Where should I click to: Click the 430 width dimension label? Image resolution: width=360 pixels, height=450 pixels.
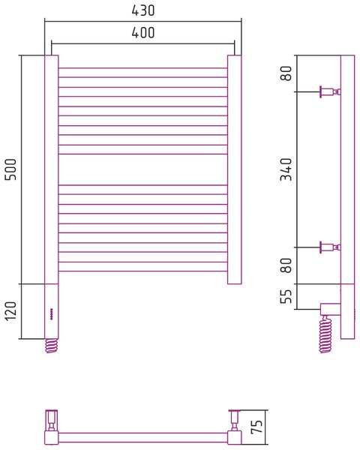tap(143, 10)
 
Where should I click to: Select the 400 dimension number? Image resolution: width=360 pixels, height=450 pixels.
tap(143, 32)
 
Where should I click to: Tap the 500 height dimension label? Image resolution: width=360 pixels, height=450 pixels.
tap(11, 169)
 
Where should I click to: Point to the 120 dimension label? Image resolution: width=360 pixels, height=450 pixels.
tap(11, 311)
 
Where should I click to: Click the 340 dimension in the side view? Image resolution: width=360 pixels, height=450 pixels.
tap(286, 169)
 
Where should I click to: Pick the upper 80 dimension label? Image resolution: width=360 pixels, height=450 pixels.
tap(286, 73)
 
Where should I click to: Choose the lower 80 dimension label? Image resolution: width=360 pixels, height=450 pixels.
tap(286, 265)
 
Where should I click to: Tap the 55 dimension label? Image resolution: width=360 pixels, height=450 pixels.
tap(286, 296)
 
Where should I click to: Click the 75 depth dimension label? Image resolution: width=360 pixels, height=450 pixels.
tap(256, 427)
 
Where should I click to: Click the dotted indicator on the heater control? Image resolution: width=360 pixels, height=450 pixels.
tap(52, 314)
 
